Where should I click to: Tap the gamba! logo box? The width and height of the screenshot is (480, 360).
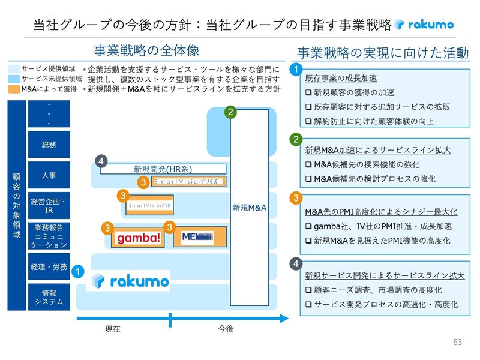[139, 238]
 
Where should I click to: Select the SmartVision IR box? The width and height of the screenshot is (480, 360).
[151, 205]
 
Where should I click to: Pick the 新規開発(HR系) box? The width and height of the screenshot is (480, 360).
[163, 169]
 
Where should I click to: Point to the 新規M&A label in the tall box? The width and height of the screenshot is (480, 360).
[249, 208]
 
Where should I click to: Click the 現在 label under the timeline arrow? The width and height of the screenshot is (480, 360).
[113, 329]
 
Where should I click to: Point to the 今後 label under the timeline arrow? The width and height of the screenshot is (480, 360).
[225, 329]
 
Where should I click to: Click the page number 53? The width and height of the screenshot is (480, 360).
[458, 342]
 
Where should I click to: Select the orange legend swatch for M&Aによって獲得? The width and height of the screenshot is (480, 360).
[14, 88]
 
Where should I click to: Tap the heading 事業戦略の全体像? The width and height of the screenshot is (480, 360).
[146, 50]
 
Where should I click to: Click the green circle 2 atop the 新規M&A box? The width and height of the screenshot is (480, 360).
[232, 112]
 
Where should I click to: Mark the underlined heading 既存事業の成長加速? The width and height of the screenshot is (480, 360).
[341, 79]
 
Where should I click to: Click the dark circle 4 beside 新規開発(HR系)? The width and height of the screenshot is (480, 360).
[102, 161]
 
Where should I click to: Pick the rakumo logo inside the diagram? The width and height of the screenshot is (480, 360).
[130, 280]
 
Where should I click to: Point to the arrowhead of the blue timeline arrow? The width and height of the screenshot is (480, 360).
[283, 318]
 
